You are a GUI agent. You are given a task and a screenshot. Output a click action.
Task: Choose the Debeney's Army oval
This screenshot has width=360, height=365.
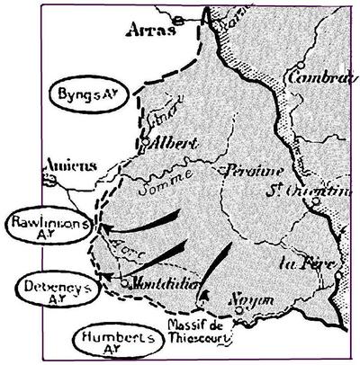pos(55,289)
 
